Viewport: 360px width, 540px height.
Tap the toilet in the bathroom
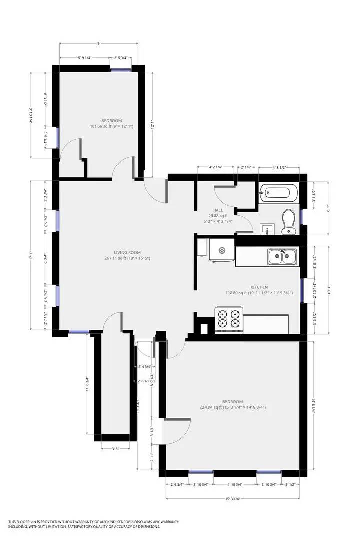[x=288, y=221]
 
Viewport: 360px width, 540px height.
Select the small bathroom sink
[x=268, y=229]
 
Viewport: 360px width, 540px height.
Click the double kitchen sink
[x=281, y=257]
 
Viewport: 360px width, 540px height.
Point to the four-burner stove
[x=229, y=320]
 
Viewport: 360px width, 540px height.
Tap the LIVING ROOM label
[x=127, y=252]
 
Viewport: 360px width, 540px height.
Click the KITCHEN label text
[x=259, y=287]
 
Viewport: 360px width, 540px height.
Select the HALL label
[x=218, y=210]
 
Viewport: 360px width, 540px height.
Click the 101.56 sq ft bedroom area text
[x=111, y=126]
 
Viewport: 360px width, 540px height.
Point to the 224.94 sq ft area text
[x=232, y=407]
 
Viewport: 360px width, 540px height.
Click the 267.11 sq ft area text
[x=127, y=258]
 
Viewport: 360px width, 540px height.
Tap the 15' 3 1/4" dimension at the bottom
[x=233, y=498]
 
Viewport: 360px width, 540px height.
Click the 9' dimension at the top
[x=99, y=44]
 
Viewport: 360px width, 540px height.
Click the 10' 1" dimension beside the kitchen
[x=328, y=290]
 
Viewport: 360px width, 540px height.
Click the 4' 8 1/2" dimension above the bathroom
[x=279, y=168]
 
